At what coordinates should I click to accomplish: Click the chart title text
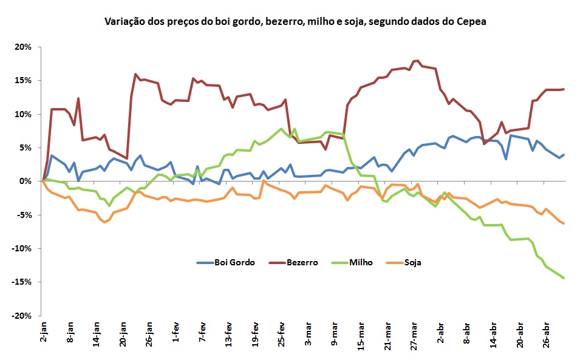click(295, 22)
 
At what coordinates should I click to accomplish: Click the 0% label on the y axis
click(29, 182)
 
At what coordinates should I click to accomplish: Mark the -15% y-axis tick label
click(26, 282)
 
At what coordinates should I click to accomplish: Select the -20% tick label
click(26, 316)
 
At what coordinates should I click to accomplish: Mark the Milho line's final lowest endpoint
click(564, 278)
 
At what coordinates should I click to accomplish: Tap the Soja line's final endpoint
click(564, 223)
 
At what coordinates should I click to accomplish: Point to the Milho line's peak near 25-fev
click(281, 129)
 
